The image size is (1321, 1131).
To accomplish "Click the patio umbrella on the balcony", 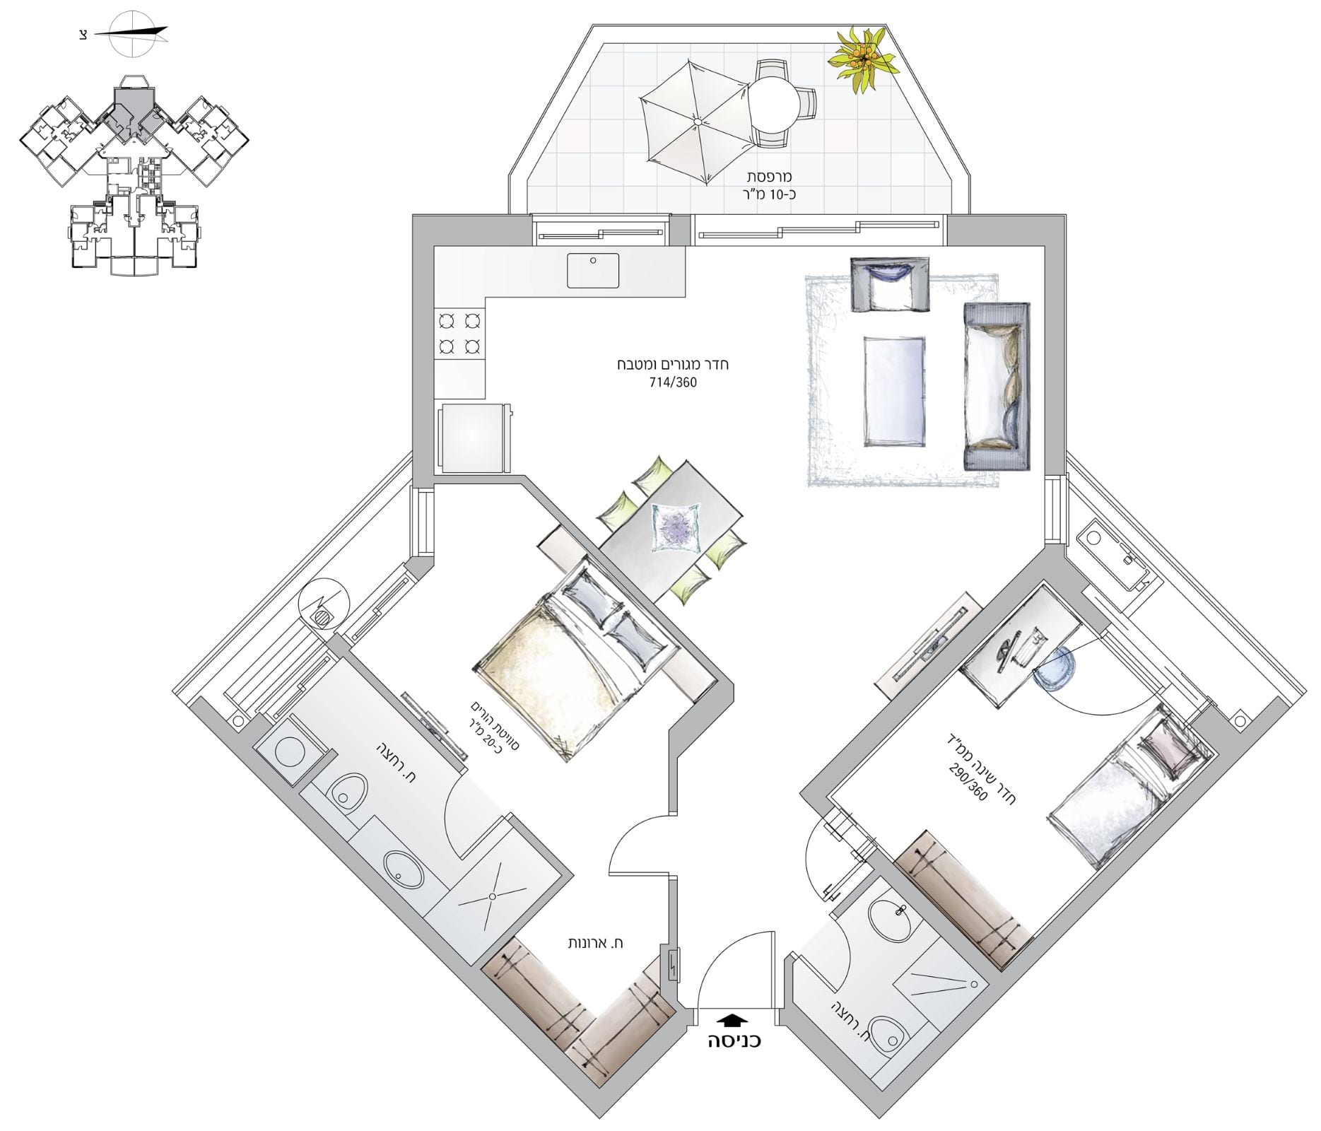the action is pyautogui.click(x=696, y=122).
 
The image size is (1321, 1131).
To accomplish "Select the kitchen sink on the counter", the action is pyautogui.click(x=593, y=271).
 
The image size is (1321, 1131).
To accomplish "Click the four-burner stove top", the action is pyautogui.click(x=460, y=333).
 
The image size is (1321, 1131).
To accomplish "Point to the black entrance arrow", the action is pyautogui.click(x=731, y=1020).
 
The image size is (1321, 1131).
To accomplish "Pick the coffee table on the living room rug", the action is pyautogui.click(x=894, y=391).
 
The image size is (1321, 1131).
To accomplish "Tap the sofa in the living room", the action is pyautogui.click(x=997, y=386).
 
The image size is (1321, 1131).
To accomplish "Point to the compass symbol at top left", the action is pyautogui.click(x=131, y=33).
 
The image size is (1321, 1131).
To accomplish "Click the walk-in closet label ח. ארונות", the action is pyautogui.click(x=597, y=943).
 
